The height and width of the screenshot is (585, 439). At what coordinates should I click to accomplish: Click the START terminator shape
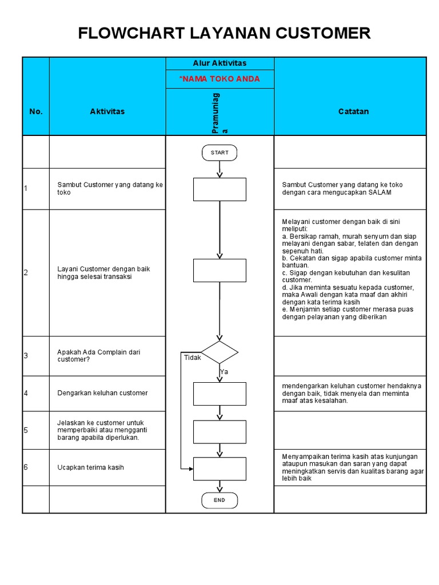pos(219,153)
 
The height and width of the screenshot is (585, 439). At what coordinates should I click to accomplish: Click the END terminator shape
pos(219,500)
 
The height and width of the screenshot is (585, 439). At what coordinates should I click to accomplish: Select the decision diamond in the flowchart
pos(219,352)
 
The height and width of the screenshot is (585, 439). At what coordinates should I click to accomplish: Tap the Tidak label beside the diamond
pos(193,358)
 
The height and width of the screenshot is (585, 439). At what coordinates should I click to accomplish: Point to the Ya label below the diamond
pos(224,372)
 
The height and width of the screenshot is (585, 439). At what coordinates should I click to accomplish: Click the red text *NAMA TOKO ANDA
pos(219,79)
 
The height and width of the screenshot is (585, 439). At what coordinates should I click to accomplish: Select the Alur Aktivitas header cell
pos(219,63)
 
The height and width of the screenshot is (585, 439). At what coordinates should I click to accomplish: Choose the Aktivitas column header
pos(107,111)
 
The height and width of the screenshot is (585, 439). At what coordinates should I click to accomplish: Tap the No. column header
pos(36,111)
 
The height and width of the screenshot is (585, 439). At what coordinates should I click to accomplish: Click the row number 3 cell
pos(26,356)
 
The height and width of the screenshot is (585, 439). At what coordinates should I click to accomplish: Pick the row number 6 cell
pos(26,467)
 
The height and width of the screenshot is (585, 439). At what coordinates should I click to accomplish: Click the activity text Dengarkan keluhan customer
pos(102,393)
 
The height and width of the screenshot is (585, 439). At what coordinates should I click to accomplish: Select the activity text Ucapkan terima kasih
pos(90,468)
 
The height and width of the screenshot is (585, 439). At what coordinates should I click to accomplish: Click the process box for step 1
pos(219,189)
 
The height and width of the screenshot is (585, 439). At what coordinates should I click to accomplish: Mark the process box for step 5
pos(219,432)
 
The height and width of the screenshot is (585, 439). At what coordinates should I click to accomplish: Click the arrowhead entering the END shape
pos(219,490)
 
